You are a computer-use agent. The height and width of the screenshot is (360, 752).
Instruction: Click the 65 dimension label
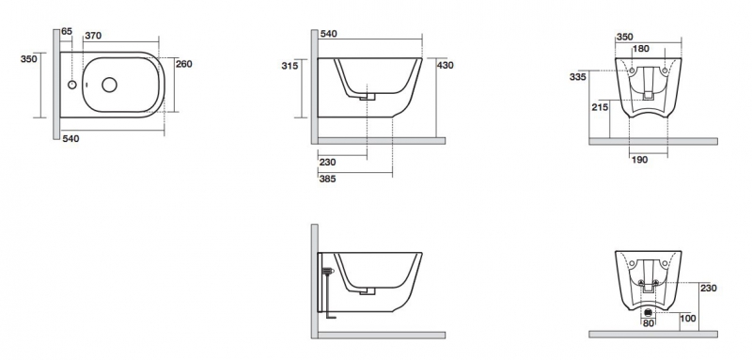pos(67,32)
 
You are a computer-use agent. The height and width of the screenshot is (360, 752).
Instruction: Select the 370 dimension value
pos(93,35)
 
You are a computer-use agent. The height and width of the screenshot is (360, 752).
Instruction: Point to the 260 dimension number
pos(184,64)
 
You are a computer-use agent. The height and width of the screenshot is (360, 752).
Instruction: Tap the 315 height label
pos(290,65)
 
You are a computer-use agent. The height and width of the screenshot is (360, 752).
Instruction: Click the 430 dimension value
pos(445,65)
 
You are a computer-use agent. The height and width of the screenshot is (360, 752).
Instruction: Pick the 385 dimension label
pos(327,179)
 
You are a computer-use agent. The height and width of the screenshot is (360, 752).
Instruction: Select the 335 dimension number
pos(578,77)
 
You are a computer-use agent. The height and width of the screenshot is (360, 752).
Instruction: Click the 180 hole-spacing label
pos(641,49)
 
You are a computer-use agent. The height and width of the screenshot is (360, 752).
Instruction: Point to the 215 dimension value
pos(600,107)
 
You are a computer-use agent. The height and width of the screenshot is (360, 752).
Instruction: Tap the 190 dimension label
pos(639,160)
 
